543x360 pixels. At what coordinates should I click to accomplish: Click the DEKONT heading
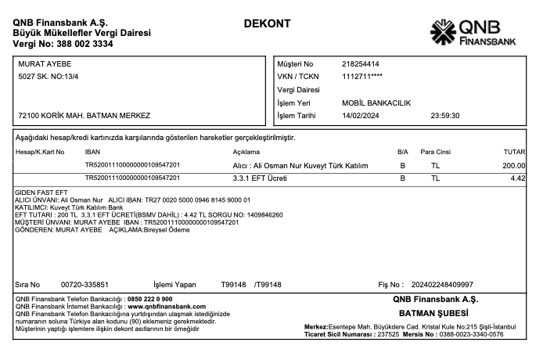pos(268,23)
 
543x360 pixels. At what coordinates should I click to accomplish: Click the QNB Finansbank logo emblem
pos(443,32)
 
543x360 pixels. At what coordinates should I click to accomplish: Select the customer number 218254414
pos(361,63)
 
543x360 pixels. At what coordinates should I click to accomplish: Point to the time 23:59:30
pos(445,116)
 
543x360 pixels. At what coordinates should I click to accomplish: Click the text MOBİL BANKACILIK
pos(376,103)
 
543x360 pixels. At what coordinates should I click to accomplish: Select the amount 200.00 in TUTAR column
pos(514,166)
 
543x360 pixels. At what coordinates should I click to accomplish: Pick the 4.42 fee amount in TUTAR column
pos(518,178)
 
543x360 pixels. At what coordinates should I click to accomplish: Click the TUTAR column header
pos(513,151)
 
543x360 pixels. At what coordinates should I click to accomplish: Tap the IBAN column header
pos(92,151)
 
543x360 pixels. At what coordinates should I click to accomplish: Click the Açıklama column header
pos(246,151)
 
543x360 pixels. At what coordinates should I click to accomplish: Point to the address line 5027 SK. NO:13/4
pos(49,76)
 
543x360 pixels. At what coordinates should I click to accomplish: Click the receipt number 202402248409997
pos(442,284)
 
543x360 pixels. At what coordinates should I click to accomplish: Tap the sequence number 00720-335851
pos(85,284)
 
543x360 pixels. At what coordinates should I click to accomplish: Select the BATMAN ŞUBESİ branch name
pos(434,313)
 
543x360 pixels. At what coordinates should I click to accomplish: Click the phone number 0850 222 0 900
pos(149,299)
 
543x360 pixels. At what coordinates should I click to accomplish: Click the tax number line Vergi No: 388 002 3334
pos(63,44)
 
